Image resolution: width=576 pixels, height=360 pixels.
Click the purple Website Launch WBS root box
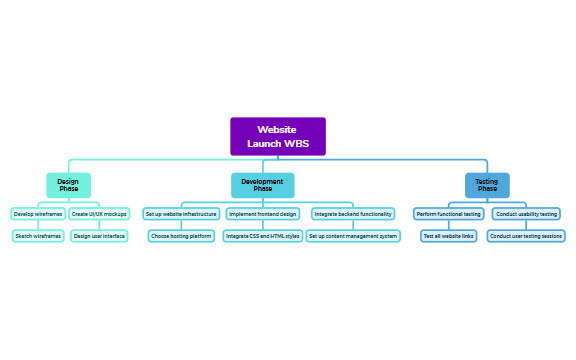coord(278,137)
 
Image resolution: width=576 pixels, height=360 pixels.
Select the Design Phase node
coord(68,185)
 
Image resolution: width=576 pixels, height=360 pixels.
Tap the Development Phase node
coord(262,185)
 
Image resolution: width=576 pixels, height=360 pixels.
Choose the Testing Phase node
coord(487,185)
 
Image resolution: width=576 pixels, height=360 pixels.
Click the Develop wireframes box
coord(38,214)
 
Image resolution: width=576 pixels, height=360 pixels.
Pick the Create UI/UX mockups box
coord(99,214)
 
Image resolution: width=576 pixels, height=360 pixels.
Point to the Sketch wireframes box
coord(38,236)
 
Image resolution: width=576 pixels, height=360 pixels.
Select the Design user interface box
coord(99,236)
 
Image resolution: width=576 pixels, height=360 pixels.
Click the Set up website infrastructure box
coord(180,214)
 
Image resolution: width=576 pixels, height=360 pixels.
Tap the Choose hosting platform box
coord(181,236)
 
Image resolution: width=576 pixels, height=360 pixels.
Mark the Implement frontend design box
coord(263,214)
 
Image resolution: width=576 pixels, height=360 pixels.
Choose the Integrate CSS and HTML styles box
coord(262,236)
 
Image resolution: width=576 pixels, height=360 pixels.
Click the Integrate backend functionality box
coord(353,214)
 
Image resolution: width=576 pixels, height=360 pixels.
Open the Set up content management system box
coord(353,236)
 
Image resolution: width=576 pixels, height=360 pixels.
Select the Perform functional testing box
coord(449,214)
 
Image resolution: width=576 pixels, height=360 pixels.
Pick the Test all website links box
coord(449,236)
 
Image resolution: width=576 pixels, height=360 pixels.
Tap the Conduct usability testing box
coord(527,214)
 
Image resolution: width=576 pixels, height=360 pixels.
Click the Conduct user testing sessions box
coord(527,236)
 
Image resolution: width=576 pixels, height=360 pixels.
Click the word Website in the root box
coord(277,130)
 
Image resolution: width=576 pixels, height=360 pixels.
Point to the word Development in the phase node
coord(262,181)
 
